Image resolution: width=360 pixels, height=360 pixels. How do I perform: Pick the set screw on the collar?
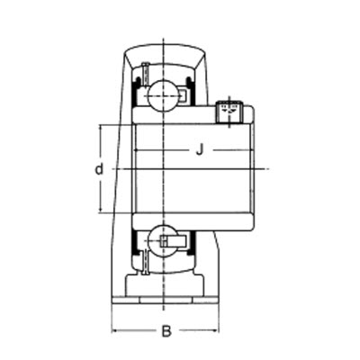229,110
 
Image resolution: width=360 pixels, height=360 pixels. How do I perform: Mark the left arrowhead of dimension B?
114,330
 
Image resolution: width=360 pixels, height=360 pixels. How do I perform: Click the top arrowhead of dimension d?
102,127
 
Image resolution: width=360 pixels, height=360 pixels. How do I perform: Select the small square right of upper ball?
183,93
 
